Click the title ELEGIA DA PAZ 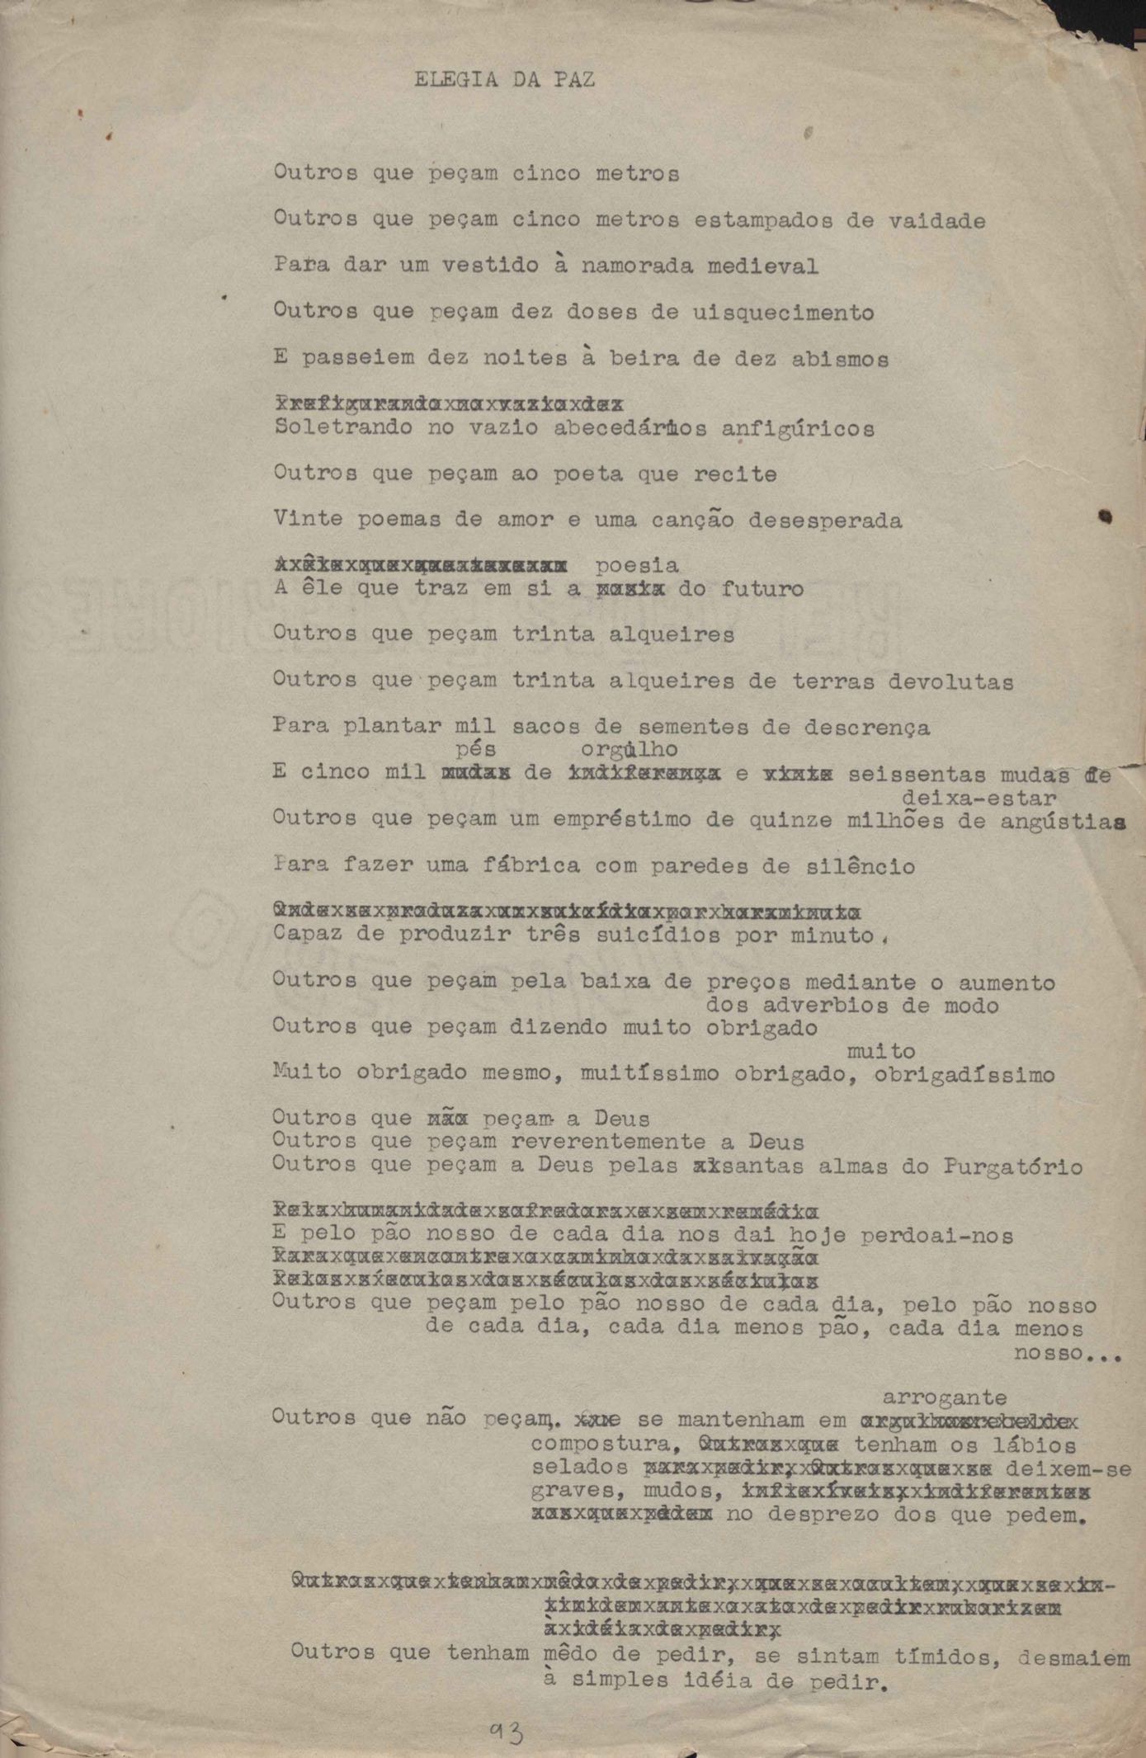(x=504, y=80)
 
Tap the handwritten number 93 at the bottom (x=505, y=1732)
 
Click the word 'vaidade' (x=936, y=221)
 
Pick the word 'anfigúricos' (x=798, y=429)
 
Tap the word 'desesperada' (x=825, y=521)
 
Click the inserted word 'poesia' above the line (x=637, y=566)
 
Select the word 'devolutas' (x=950, y=681)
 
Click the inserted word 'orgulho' (x=629, y=750)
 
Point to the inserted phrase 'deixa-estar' (x=979, y=798)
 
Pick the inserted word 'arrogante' (x=945, y=1397)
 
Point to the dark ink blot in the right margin (x=1105, y=517)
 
